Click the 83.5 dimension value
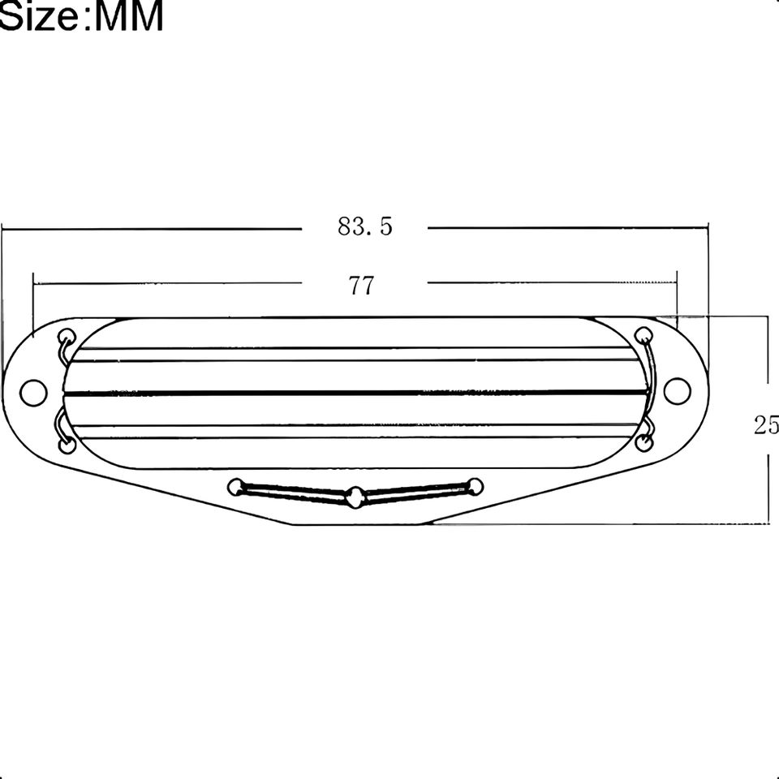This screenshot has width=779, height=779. pyautogui.click(x=365, y=226)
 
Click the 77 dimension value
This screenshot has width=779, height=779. pyautogui.click(x=361, y=286)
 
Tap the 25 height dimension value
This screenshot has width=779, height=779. pyautogui.click(x=766, y=425)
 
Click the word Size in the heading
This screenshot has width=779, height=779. pyautogui.click(x=38, y=15)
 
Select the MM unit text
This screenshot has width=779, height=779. pyautogui.click(x=127, y=15)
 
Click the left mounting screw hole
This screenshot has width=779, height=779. pyautogui.click(x=33, y=393)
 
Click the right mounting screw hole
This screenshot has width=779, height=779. pyautogui.click(x=677, y=390)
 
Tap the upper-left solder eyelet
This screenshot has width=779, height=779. pyautogui.click(x=66, y=336)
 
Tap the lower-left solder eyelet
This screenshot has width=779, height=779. pyautogui.click(x=67, y=445)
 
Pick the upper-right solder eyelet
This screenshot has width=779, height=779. pyautogui.click(x=643, y=335)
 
